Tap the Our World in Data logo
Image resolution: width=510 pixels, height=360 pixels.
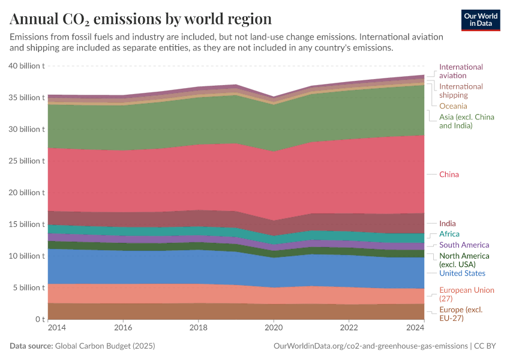[481, 20]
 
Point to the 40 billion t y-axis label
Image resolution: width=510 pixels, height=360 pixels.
[28, 66]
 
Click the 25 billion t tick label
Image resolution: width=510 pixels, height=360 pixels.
[28, 161]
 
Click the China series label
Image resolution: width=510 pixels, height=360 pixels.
[449, 175]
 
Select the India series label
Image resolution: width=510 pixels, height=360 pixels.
[447, 224]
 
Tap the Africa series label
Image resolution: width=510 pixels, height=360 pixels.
[449, 234]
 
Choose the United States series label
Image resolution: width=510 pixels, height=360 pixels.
[462, 274]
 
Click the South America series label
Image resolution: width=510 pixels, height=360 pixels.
[464, 245]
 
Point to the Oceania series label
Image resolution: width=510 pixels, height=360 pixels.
[453, 106]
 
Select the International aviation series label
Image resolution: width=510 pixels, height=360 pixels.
[461, 71]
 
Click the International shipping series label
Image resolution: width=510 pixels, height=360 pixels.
[461, 91]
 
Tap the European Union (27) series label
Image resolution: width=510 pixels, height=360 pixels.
[467, 294]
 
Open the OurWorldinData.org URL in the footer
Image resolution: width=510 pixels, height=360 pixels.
[370, 346]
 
